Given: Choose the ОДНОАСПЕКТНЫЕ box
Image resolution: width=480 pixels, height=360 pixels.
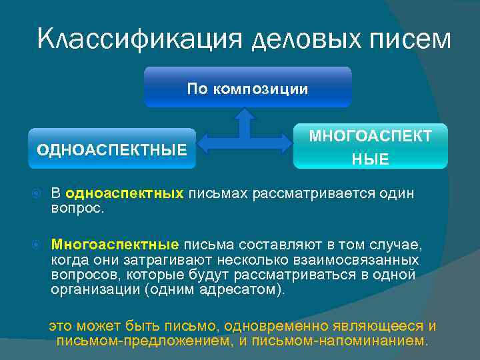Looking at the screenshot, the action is [112, 148].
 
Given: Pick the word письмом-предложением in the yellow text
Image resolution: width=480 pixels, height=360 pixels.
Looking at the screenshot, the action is [143, 341].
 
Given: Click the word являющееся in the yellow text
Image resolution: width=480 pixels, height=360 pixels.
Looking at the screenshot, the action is [379, 326].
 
